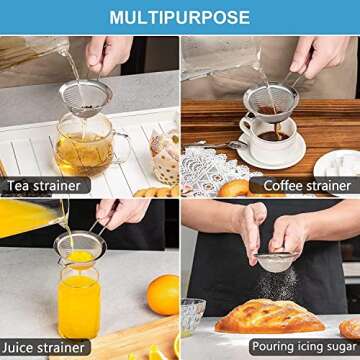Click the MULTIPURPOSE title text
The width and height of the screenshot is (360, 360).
click(x=180, y=17)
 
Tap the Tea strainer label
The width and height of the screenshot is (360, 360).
click(x=45, y=185)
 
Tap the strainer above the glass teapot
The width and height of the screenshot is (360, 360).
click(x=84, y=98)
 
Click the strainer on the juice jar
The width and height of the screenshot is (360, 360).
click(x=78, y=245)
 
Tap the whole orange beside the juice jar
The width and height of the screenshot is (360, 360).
click(x=162, y=294)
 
